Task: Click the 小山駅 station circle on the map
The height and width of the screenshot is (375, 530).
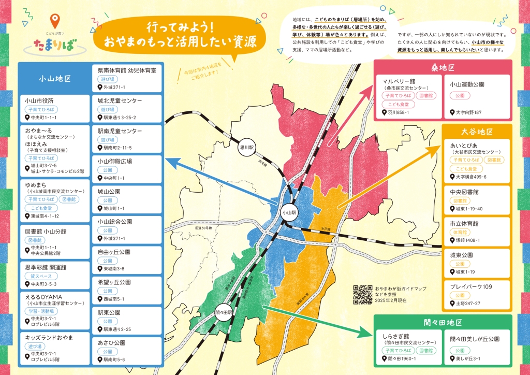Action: (x=289, y=212)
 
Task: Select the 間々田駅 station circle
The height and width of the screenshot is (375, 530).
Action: (x=223, y=312)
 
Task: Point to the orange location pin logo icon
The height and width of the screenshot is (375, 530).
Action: (x=54, y=21)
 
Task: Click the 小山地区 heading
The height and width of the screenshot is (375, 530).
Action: (x=54, y=79)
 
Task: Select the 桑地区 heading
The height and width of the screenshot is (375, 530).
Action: (x=443, y=68)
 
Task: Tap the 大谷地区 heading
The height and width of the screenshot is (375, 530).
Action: (x=477, y=133)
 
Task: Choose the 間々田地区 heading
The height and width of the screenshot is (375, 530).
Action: (x=443, y=323)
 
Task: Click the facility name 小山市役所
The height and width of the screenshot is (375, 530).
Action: (x=39, y=100)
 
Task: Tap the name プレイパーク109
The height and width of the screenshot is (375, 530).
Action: (x=471, y=286)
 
